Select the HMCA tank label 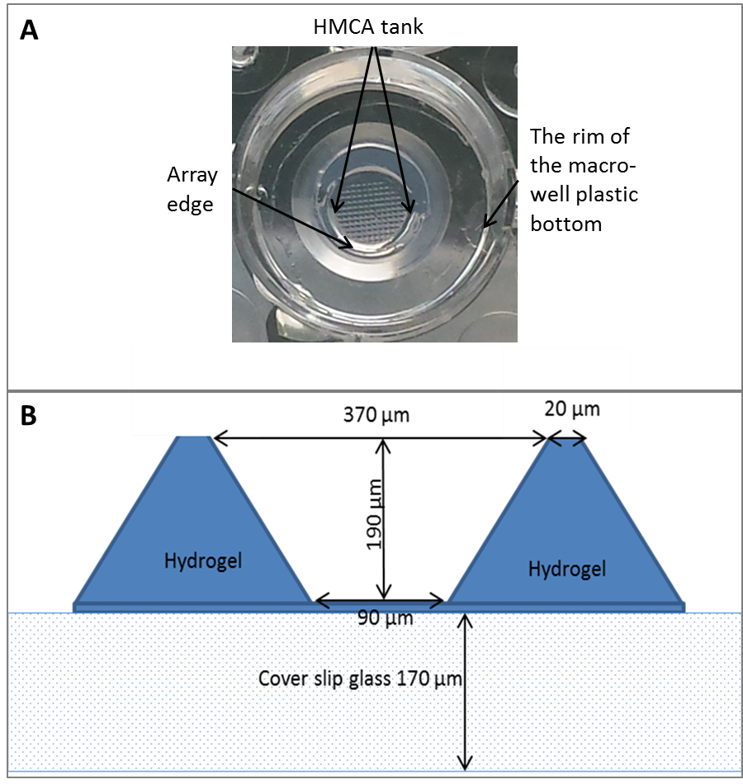tap(368, 27)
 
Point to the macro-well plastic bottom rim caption tap(584, 179)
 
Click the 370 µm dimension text tap(376, 413)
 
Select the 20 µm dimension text tap(572, 409)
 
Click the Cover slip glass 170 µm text tap(361, 678)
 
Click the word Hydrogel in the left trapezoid tap(202, 561)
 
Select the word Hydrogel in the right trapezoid tap(567, 569)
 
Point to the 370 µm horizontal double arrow tap(380, 440)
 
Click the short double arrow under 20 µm tap(567, 440)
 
